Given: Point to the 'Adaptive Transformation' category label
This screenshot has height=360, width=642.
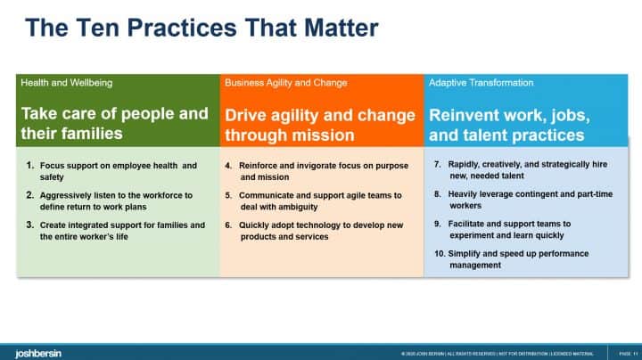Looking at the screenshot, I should [x=481, y=83].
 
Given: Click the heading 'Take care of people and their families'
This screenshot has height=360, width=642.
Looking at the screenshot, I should [x=114, y=125].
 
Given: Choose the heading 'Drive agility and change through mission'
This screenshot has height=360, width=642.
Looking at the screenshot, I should [x=319, y=125].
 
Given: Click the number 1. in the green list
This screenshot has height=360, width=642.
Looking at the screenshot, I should [x=30, y=166].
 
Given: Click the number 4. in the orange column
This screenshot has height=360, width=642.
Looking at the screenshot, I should [x=229, y=166].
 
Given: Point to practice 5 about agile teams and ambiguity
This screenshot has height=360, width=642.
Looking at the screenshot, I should [x=321, y=200].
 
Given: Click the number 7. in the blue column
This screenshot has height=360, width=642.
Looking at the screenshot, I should [x=437, y=165].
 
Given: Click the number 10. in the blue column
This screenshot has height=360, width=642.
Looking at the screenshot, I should [x=440, y=254].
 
